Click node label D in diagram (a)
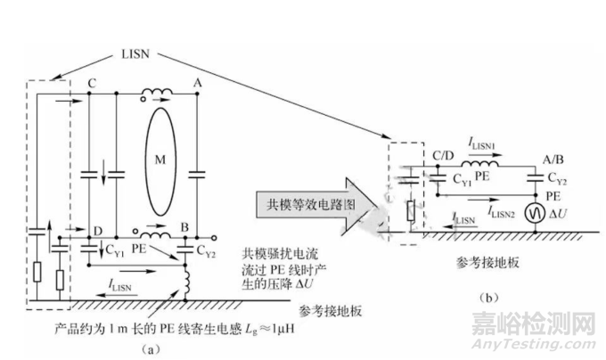tap(96, 230)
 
